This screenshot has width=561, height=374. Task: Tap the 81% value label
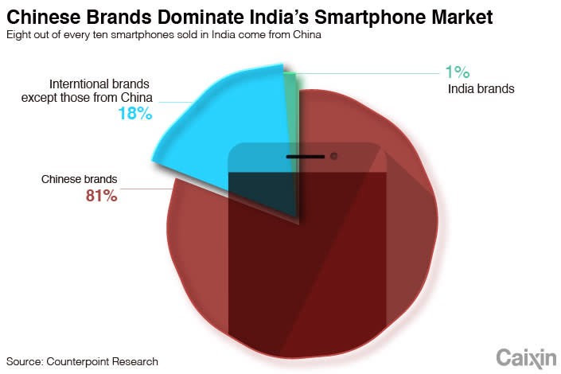click(x=102, y=194)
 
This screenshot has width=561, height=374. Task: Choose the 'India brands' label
click(x=481, y=88)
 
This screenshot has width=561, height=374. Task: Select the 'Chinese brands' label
click(x=79, y=178)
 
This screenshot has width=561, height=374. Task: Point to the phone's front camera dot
click(x=334, y=155)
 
